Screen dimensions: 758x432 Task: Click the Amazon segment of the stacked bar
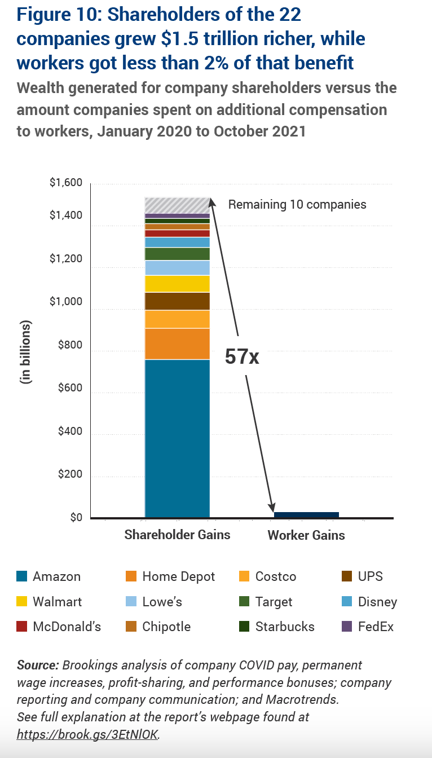click(177, 438)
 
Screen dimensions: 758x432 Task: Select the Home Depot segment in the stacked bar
click(177, 343)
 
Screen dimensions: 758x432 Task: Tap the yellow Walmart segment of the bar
click(177, 283)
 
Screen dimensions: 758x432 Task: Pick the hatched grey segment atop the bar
click(177, 205)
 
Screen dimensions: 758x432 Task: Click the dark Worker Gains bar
click(306, 514)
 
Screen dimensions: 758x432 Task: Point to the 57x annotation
click(242, 356)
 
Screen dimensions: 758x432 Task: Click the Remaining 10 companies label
click(297, 204)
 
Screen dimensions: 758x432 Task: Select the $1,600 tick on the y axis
click(67, 183)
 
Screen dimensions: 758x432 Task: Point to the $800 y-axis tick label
click(70, 346)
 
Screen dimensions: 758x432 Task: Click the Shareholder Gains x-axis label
click(177, 535)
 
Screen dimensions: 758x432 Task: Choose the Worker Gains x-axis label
click(306, 535)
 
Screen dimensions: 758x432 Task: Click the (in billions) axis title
click(26, 352)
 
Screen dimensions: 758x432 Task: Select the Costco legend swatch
click(245, 577)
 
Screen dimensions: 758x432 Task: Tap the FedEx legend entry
click(376, 627)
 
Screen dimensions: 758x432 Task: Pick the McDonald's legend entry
click(67, 627)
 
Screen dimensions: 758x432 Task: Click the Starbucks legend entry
click(285, 627)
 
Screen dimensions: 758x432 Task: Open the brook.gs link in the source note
click(88, 734)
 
